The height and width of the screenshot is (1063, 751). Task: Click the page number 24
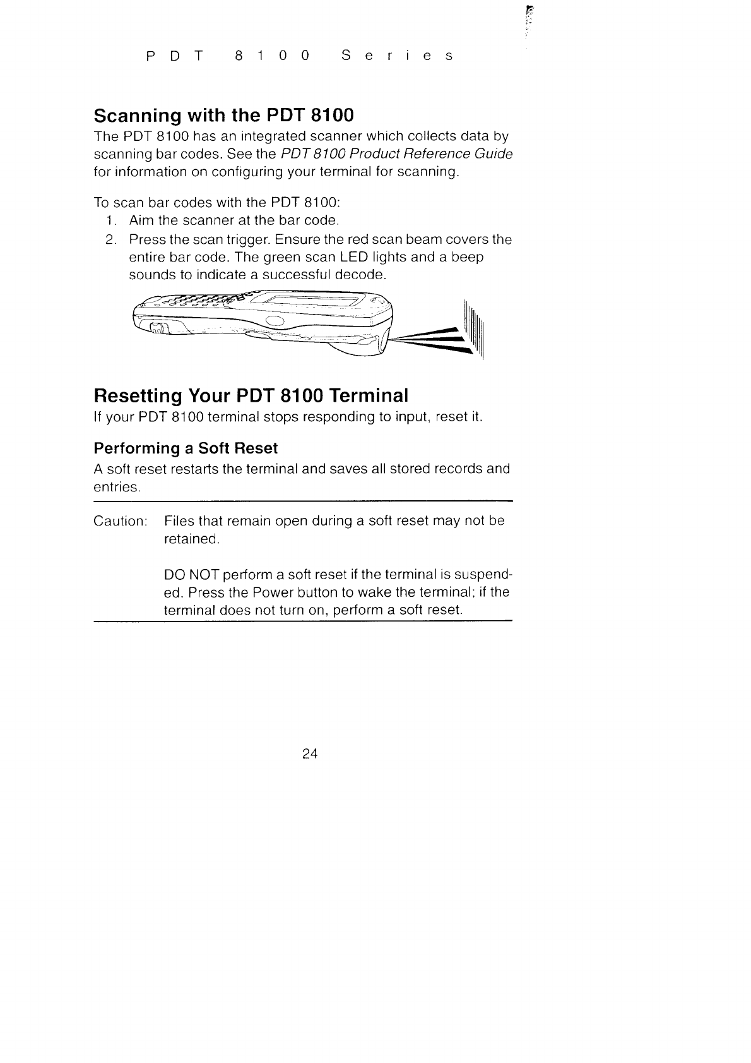tap(310, 754)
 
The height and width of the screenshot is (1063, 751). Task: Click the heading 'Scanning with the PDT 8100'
tap(223, 116)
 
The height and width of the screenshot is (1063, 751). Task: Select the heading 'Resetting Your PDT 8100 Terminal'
tap(251, 396)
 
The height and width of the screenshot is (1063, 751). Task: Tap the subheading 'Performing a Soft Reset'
tap(186, 448)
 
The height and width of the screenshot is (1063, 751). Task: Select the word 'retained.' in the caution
tap(191, 539)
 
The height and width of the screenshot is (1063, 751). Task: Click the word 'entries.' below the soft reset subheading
tap(117, 488)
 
